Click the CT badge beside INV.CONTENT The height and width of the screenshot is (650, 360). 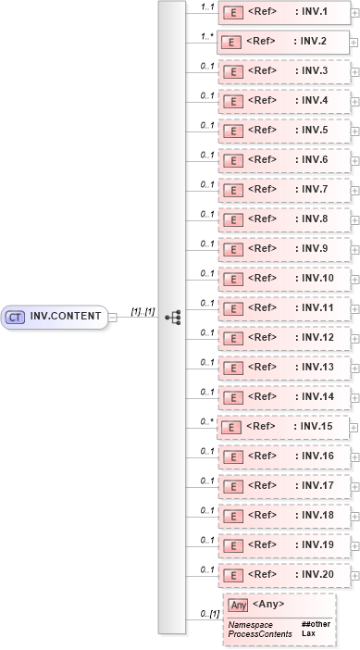pos(15,317)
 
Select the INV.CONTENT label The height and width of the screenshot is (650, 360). pos(66,317)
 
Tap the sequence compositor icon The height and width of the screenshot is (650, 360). pos(172,317)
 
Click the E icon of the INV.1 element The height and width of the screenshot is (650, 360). pos(235,12)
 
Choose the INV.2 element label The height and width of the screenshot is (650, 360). pos(310,43)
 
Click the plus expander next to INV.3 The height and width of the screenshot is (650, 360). pos(356,71)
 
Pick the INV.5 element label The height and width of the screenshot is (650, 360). pos(313,131)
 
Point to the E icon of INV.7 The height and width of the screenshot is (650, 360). pos(235,190)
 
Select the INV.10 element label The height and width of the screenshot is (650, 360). pos(315,279)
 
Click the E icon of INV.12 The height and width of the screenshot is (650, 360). pos(235,338)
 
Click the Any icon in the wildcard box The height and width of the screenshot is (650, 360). pos(238,605)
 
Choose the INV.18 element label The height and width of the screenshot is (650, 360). pos(315,516)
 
